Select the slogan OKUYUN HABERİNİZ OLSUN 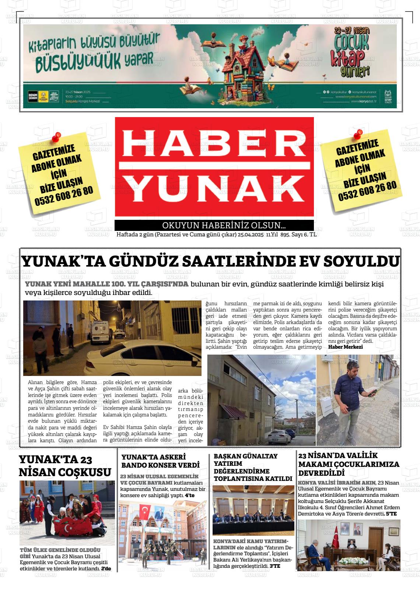[x=224, y=225]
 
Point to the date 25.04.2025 [x=251, y=235]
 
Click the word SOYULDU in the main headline [x=361, y=261]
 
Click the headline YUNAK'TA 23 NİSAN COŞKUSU [x=65, y=465]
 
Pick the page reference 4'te [x=190, y=495]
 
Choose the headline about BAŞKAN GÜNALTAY [x=253, y=467]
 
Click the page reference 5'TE [x=391, y=513]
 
